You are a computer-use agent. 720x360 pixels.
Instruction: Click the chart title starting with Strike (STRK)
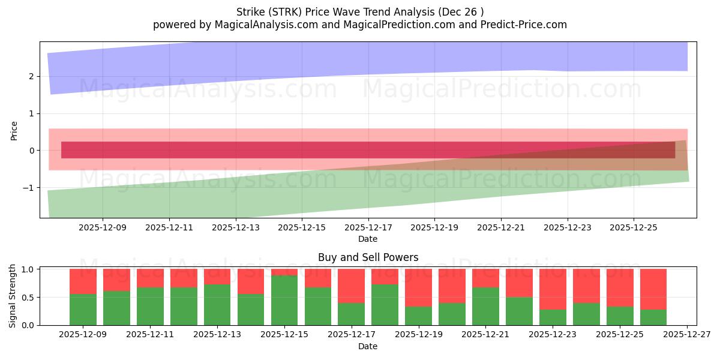pyautogui.click(x=360, y=11)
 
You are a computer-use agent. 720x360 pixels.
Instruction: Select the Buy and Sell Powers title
pyautogui.click(x=368, y=257)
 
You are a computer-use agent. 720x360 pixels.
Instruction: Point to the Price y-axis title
pyautogui.click(x=14, y=130)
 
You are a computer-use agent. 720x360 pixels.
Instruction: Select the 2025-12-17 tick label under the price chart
pyautogui.click(x=368, y=227)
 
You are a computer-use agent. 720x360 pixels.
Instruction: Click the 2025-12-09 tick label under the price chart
pyautogui.click(x=102, y=227)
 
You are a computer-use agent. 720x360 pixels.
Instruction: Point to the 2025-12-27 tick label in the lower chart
pyautogui.click(x=686, y=335)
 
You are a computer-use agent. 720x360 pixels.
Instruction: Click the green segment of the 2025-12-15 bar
pyautogui.click(x=284, y=300)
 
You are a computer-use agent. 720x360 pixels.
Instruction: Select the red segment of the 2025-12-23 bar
pyautogui.click(x=552, y=289)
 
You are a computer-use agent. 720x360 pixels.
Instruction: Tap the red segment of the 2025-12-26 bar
pyautogui.click(x=653, y=289)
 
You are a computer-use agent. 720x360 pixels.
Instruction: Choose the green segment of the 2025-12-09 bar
pyautogui.click(x=83, y=310)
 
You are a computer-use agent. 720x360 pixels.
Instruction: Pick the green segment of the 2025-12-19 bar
pyautogui.click(x=418, y=316)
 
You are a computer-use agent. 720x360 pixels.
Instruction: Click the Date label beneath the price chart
pyautogui.click(x=368, y=239)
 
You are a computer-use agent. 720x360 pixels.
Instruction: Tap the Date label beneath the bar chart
pyautogui.click(x=368, y=346)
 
